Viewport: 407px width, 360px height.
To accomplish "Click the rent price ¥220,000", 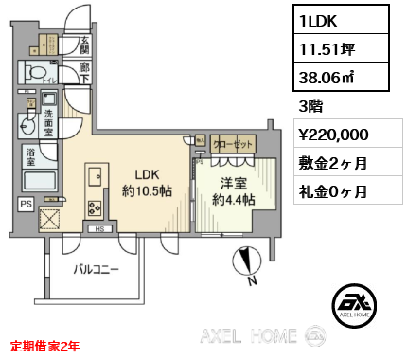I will coord(340,135).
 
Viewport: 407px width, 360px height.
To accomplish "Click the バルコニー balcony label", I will coord(97,270).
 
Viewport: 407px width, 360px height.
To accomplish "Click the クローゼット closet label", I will coord(232,144).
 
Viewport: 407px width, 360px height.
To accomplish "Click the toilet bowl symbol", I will coord(40,73).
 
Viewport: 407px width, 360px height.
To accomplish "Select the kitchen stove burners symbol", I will coord(95,207).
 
